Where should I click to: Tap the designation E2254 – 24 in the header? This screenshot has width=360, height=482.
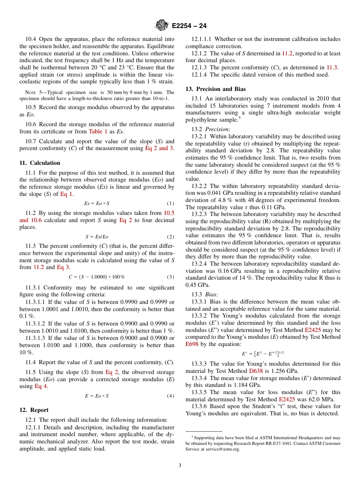pyautogui.click(x=189, y=26)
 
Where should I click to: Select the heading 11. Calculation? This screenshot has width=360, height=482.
pyautogui.click(x=40, y=163)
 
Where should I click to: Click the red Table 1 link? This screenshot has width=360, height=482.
pyautogui.click(x=98, y=131)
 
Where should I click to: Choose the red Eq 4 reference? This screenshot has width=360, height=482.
pyautogui.click(x=41, y=386)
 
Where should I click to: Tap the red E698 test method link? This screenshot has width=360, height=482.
pyautogui.click(x=192, y=344)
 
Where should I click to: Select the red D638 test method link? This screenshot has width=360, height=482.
pyautogui.click(x=256, y=371)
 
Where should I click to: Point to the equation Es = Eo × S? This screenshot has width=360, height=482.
pyautogui.click(x=97, y=203)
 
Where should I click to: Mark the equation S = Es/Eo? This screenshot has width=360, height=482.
pyautogui.click(x=97, y=237)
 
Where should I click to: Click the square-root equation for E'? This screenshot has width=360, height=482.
pyautogui.click(x=263, y=354)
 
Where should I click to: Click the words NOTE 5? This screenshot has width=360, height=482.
pyautogui.click(x=33, y=92)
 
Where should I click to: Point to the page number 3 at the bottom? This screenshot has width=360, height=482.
pyautogui.click(x=180, y=466)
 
